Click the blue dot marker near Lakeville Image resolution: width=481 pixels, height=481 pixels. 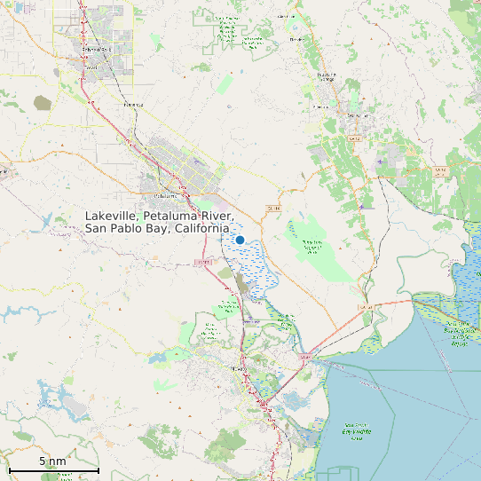[x=240, y=240]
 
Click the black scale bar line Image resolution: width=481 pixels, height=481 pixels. [x=53, y=469]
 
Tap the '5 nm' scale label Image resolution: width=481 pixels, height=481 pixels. [x=53, y=461]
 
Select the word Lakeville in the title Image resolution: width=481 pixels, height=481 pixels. [x=114, y=217]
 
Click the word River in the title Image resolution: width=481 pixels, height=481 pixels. [x=216, y=217]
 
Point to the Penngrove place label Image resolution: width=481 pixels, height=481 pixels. [x=133, y=104]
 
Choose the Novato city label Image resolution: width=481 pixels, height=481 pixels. [x=237, y=367]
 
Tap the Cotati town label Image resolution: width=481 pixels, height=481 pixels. [x=91, y=67]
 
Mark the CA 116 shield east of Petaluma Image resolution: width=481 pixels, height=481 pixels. [x=272, y=208]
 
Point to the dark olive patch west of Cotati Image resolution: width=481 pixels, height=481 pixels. [x=43, y=103]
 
